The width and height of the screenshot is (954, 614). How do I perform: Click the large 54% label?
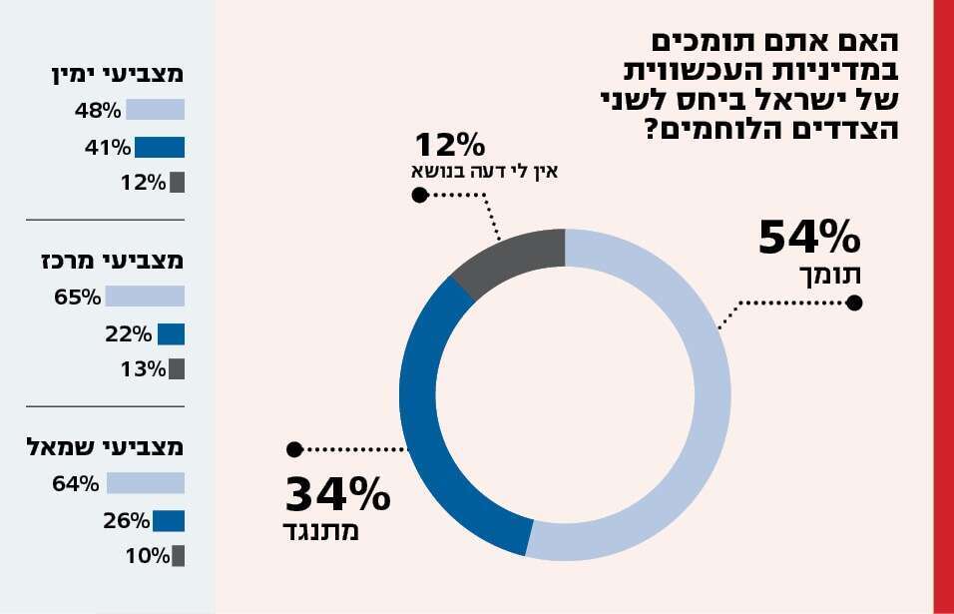click(808, 239)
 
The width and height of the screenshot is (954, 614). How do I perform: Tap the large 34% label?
click(337, 495)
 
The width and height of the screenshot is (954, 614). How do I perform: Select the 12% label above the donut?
click(450, 146)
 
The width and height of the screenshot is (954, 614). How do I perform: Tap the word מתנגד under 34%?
click(320, 531)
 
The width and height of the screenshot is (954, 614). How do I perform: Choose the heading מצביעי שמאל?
click(106, 448)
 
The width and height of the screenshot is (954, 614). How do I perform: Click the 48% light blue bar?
click(155, 111)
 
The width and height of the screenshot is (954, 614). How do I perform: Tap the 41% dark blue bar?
click(160, 148)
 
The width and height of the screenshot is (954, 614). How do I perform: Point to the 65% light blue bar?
click(145, 297)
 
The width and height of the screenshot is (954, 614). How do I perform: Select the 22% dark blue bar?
click(171, 333)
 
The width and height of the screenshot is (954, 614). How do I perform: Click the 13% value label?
click(145, 369)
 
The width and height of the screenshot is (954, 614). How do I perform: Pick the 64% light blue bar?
click(146, 484)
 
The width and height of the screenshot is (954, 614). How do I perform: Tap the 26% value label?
click(126, 520)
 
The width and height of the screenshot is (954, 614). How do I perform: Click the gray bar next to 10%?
click(179, 556)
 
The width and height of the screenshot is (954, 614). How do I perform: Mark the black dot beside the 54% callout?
click(853, 304)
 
